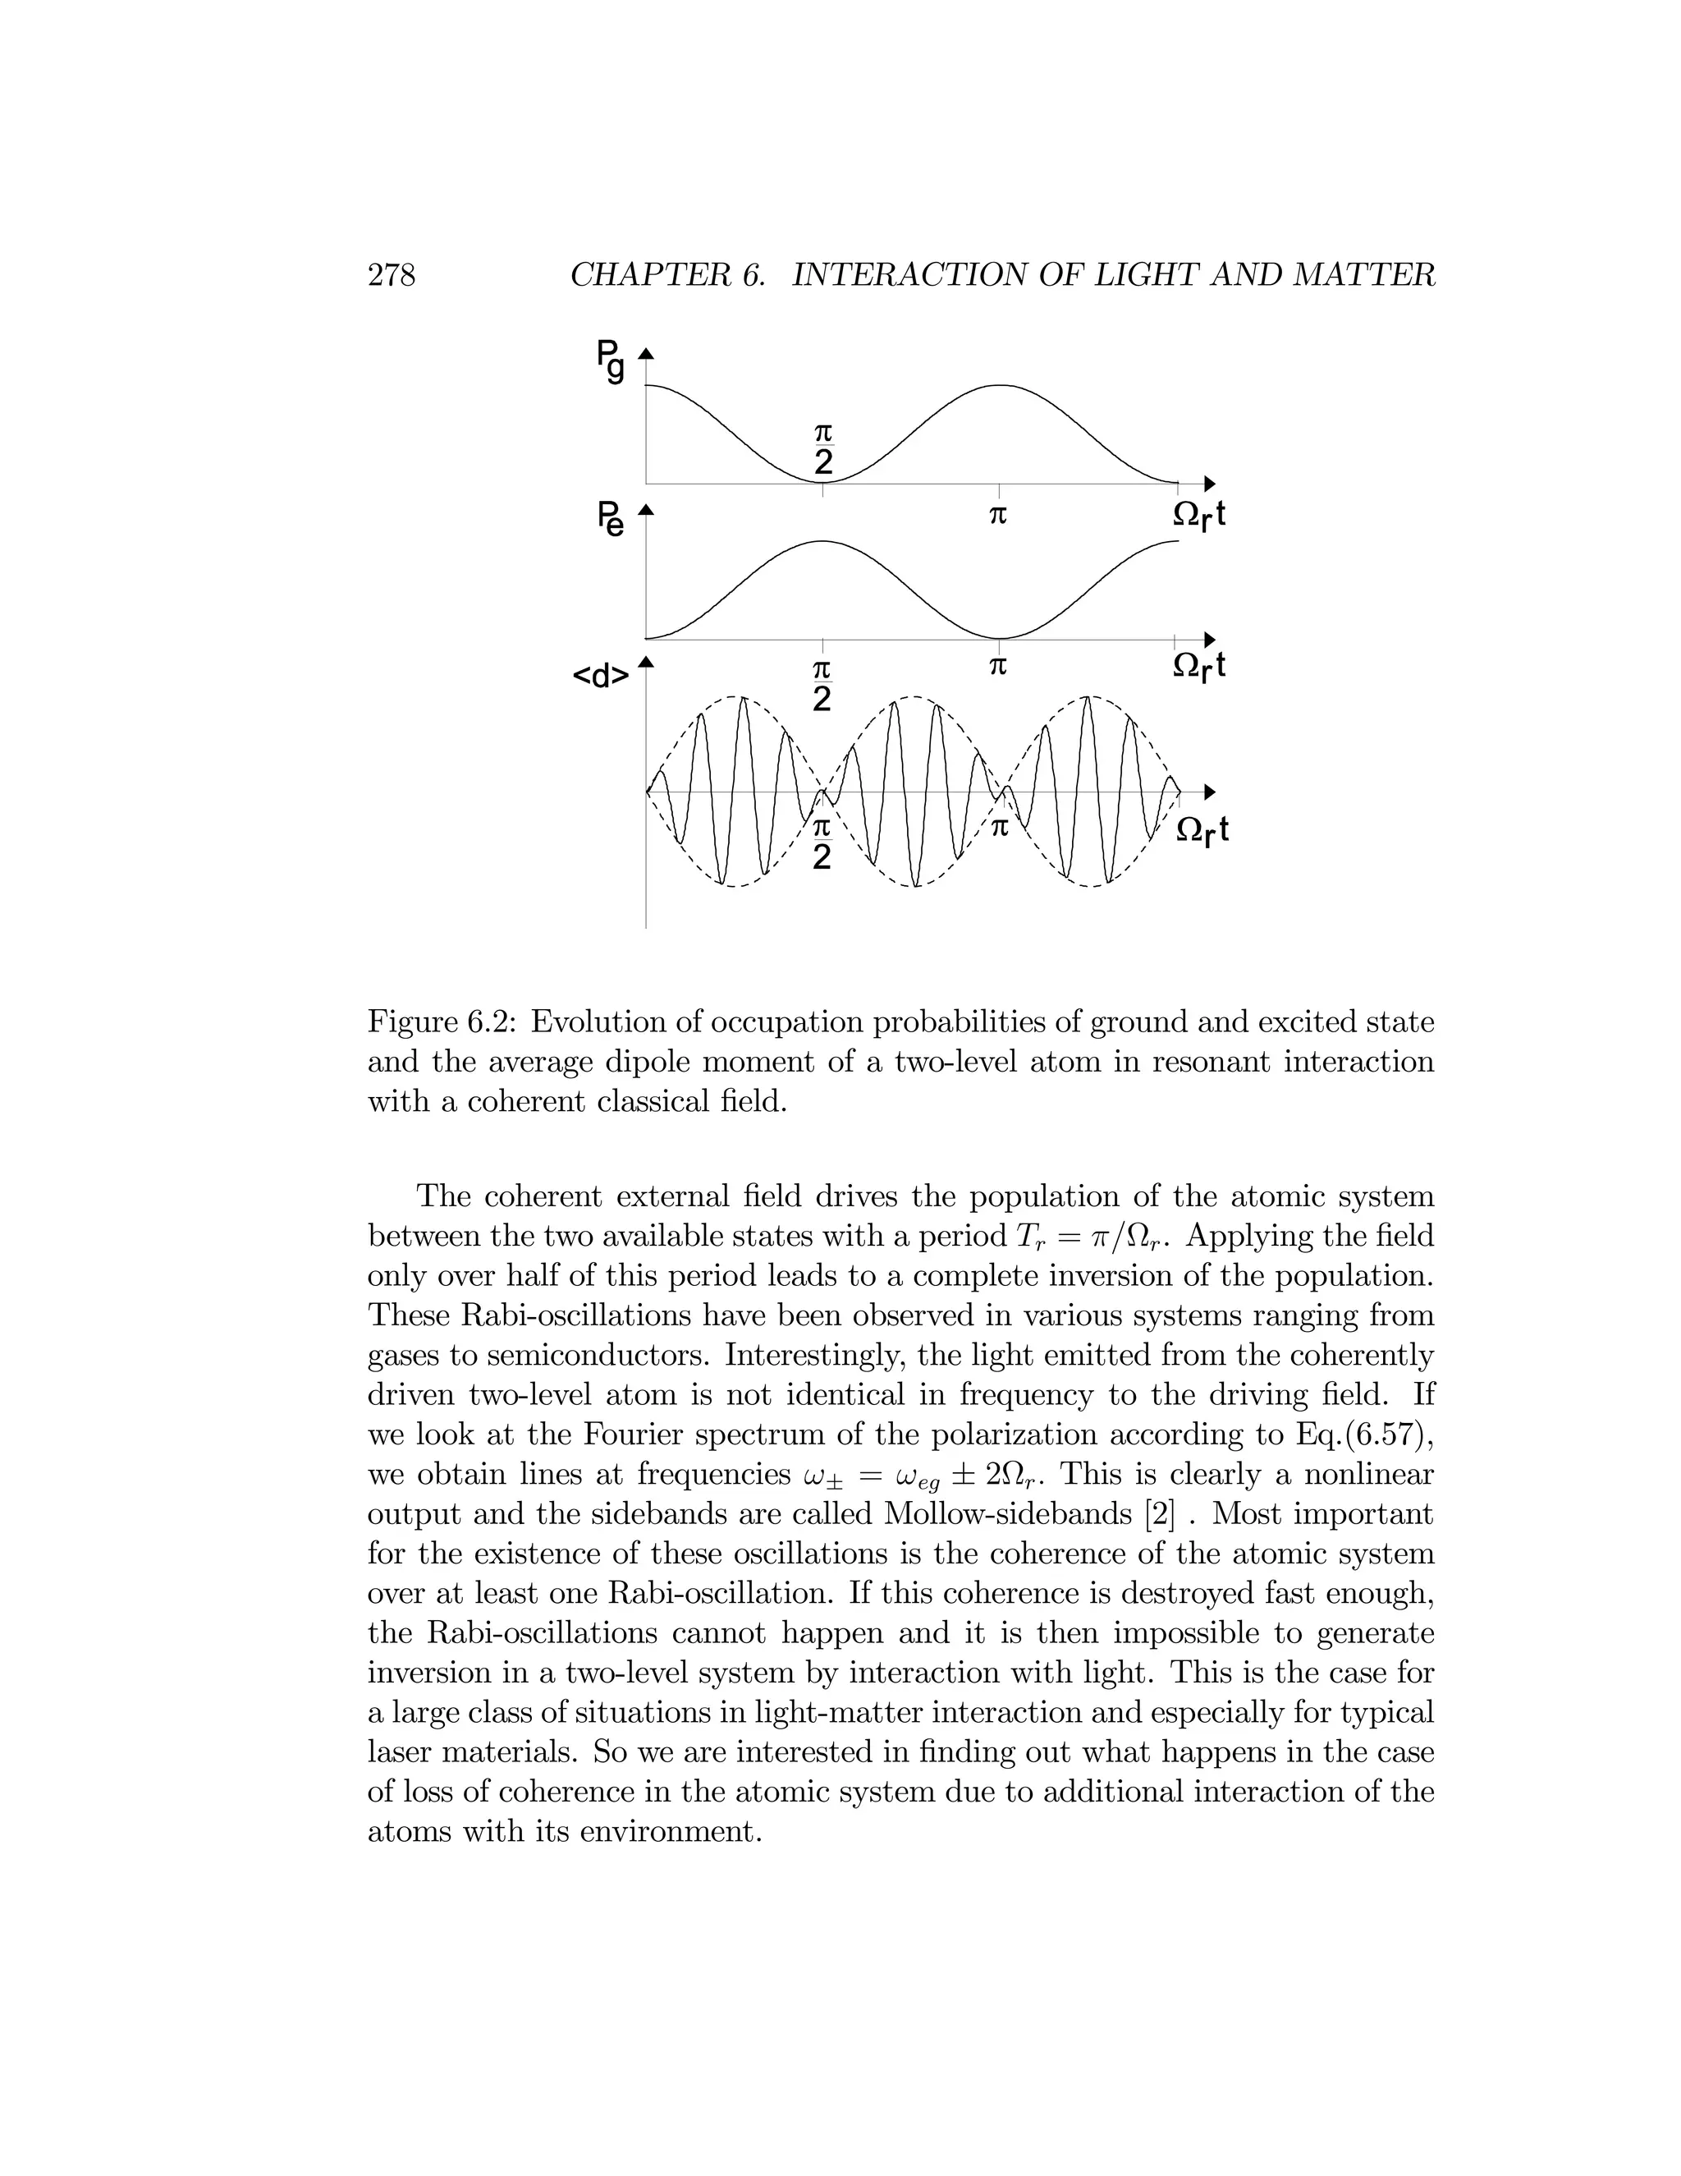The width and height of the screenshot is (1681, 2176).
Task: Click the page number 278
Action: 392,274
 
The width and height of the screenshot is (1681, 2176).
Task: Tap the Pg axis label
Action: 611,360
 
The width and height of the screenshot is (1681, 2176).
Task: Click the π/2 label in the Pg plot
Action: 822,449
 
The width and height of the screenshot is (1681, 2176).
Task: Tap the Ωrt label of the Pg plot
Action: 1199,515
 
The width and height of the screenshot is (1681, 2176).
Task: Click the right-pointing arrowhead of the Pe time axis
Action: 1210,639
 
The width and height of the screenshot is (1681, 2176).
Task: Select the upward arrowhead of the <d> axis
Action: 645,663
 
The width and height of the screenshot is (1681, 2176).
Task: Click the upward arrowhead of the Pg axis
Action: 645,353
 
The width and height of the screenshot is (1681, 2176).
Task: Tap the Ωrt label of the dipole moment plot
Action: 1202,831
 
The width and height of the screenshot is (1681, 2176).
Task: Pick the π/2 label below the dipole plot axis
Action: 822,844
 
